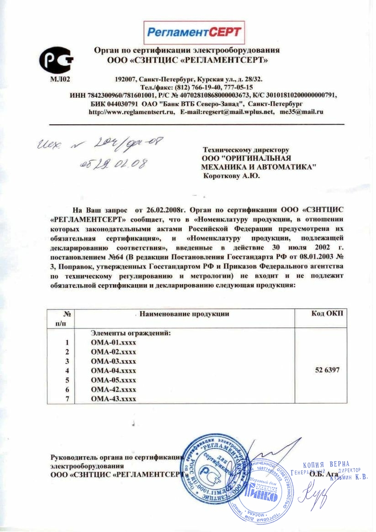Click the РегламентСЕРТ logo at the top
(194, 32)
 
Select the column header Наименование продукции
(184, 314)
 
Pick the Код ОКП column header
(328, 314)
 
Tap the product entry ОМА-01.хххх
(114, 342)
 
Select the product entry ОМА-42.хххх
(114, 390)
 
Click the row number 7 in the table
(67, 399)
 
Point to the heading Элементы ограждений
(131, 333)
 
